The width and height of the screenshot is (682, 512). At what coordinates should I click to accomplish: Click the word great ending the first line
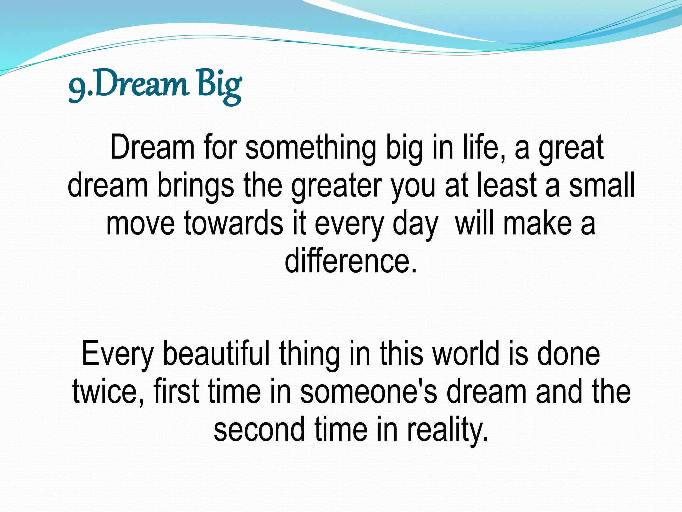[571, 148]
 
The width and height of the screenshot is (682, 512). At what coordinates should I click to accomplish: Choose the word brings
[195, 185]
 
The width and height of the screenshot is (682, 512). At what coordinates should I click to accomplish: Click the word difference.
[350, 260]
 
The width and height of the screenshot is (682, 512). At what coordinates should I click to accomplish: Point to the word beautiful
[216, 353]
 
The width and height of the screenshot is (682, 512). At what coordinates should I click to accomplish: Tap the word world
[466, 353]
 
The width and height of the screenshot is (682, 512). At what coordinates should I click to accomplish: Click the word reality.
[447, 429]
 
